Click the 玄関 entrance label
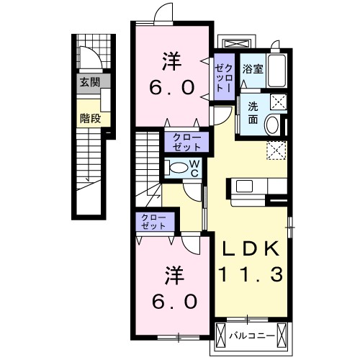pyautogui.click(x=90, y=82)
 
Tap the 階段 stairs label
pyautogui.click(x=90, y=118)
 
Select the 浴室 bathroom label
pyautogui.click(x=253, y=69)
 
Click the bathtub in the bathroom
pyautogui.click(x=276, y=71)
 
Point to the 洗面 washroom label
pyautogui.click(x=253, y=112)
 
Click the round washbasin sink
pyautogui.click(x=272, y=125)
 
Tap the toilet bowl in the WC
pyautogui.click(x=177, y=168)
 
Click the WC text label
pyautogui.click(x=194, y=168)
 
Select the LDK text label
pyautogui.click(x=251, y=249)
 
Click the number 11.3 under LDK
pyautogui.click(x=251, y=274)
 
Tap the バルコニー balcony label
pyautogui.click(x=251, y=336)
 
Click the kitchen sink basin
pyautogui.click(x=244, y=186)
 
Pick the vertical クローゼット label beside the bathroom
pyautogui.click(x=224, y=78)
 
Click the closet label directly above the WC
pyautogui.click(x=186, y=142)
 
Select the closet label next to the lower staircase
pyautogui.click(x=153, y=222)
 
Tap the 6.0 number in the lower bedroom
pyautogui.click(x=174, y=302)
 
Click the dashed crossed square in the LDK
pyautogui.click(x=276, y=150)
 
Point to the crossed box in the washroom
pyautogui.click(x=279, y=102)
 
